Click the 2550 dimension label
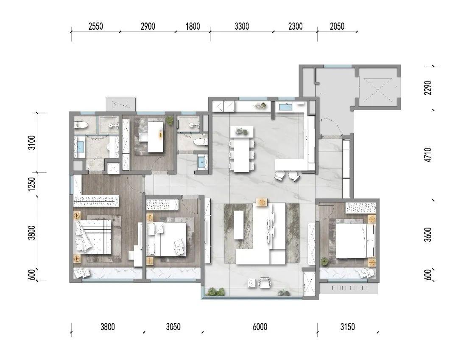(x=95, y=26)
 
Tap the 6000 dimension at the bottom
(x=260, y=326)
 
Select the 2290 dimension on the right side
(x=428, y=87)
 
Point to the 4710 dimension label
(x=428, y=155)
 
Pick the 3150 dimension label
(x=347, y=326)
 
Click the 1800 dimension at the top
(x=193, y=26)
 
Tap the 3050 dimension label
(x=173, y=326)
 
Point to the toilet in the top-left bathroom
(x=81, y=125)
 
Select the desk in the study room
(x=155, y=137)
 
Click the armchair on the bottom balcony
(x=264, y=283)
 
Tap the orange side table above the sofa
(x=261, y=202)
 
